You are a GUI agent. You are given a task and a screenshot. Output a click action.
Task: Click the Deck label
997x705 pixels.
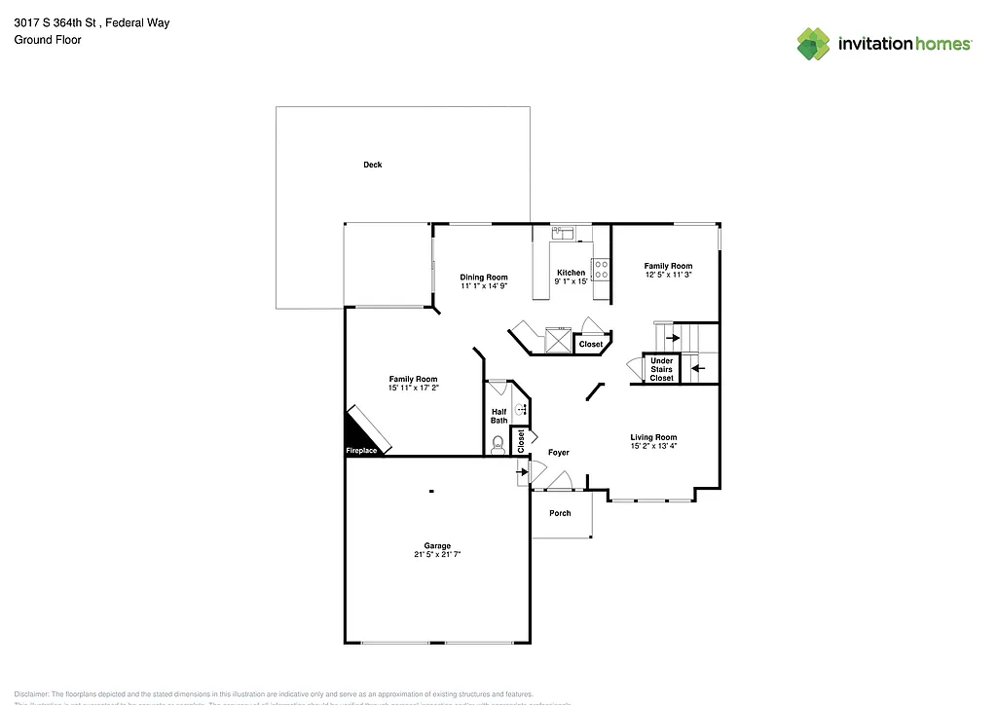pos(372,165)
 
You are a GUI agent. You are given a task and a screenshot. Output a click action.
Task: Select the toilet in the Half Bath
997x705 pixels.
pos(498,445)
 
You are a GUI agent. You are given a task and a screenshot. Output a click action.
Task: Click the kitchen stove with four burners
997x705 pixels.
pos(601,269)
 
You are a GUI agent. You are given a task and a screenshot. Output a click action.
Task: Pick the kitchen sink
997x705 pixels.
pos(565,234)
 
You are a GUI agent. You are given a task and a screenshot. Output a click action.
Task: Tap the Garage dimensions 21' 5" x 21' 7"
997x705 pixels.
pos(436,554)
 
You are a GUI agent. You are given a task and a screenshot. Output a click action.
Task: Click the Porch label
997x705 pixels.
pos(560,513)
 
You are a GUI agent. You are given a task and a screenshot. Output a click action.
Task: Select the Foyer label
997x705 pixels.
pos(558,453)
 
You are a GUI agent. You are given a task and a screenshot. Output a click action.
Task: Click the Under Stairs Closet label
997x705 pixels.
pos(661,369)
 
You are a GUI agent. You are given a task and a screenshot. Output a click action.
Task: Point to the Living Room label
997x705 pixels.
pos(653,437)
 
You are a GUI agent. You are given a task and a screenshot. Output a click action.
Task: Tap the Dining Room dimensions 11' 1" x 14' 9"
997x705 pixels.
pos(484,286)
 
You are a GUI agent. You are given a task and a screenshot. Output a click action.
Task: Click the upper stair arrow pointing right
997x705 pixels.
pos(672,338)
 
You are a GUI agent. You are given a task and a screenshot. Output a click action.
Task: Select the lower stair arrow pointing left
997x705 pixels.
pos(697,368)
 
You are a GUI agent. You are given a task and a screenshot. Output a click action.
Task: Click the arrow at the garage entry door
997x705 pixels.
pos(521,471)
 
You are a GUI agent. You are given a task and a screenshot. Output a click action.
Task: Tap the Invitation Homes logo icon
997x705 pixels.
pos(814,44)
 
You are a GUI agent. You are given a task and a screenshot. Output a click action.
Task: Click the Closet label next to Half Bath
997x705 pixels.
pos(520,440)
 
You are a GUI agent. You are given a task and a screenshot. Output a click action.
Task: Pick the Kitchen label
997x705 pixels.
pos(571,273)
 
